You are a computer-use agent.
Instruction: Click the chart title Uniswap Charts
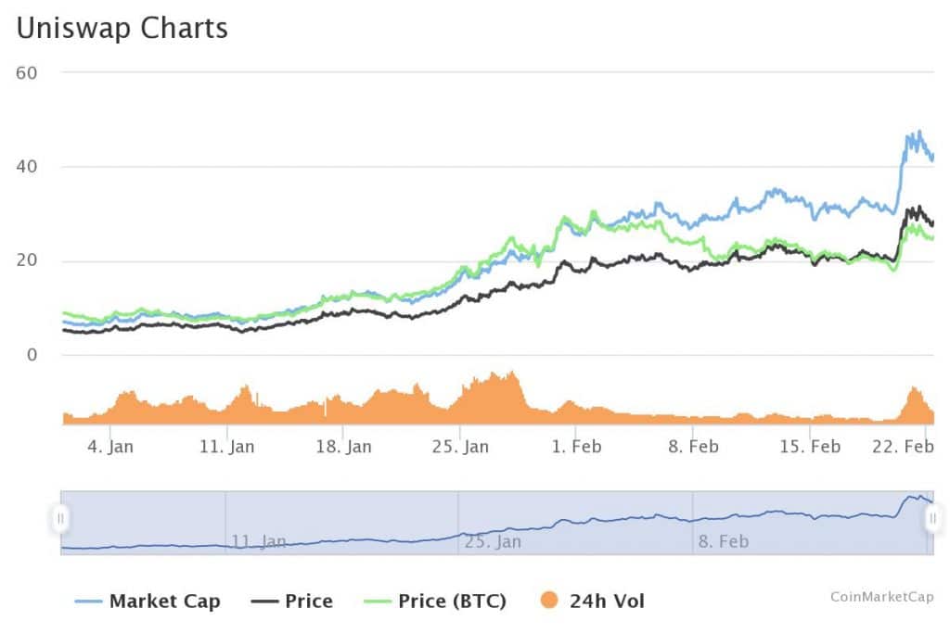[122, 28]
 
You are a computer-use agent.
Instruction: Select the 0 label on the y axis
[31, 355]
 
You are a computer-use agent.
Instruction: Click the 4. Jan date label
[109, 447]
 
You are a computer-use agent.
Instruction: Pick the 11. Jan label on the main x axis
[227, 447]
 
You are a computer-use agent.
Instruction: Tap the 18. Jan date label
[344, 447]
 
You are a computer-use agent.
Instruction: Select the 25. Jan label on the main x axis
[461, 447]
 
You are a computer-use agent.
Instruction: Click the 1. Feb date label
[576, 447]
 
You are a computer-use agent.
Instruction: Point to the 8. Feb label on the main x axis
[693, 447]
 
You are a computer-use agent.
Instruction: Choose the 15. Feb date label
[810, 447]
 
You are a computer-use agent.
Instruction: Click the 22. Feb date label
[904, 447]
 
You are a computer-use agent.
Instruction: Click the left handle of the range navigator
[61, 518]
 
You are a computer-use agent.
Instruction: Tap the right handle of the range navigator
[931, 518]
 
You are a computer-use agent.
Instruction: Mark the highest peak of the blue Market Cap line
[918, 132]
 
